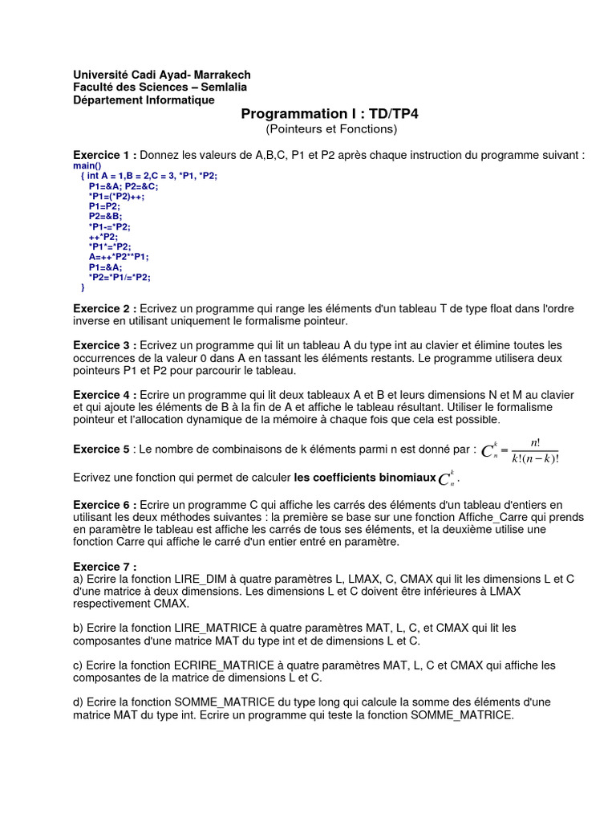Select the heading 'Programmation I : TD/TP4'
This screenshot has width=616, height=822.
[330, 114]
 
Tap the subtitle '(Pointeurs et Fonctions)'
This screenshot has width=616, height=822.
[330, 128]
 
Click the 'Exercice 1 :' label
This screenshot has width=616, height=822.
[105, 155]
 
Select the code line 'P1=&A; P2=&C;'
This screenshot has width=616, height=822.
[124, 185]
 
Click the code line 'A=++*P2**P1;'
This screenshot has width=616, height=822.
[119, 257]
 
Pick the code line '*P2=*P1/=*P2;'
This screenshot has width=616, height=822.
[120, 277]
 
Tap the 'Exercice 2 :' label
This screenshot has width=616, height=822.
[105, 309]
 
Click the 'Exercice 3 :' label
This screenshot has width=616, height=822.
[105, 345]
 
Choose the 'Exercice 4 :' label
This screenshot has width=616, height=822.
[105, 395]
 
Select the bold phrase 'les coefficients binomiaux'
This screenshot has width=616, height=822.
[364, 478]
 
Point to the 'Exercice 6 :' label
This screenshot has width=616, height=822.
[105, 504]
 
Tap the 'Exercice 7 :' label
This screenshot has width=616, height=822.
[105, 567]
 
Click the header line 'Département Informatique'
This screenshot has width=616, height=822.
[144, 100]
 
